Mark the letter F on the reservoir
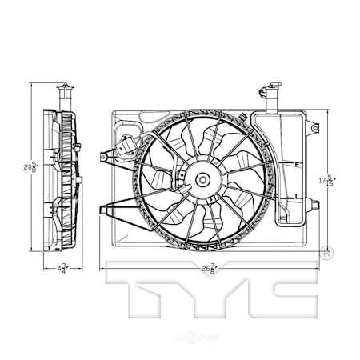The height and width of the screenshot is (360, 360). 296,165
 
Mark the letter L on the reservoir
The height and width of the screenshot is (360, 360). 296,196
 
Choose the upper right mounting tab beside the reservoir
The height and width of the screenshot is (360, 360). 315,128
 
